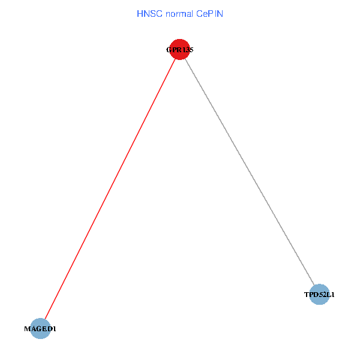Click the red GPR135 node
pyautogui.click(x=180, y=50)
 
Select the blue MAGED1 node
pyautogui.click(x=40, y=329)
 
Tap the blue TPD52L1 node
pyautogui.click(x=320, y=295)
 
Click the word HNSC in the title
pyautogui.click(x=148, y=13)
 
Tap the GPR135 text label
pyautogui.click(x=180, y=50)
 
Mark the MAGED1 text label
pyautogui.click(x=40, y=329)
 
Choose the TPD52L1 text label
pyautogui.click(x=320, y=295)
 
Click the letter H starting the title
pyautogui.click(x=140, y=13)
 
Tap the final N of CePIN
pyautogui.click(x=220, y=13)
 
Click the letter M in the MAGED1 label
pyautogui.click(x=26, y=329)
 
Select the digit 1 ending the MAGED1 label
pyautogui.click(x=55, y=329)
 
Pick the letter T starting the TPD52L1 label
pyautogui.click(x=306, y=295)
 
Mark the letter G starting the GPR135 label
pyautogui.click(x=169, y=50)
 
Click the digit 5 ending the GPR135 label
pyautogui.click(x=191, y=50)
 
